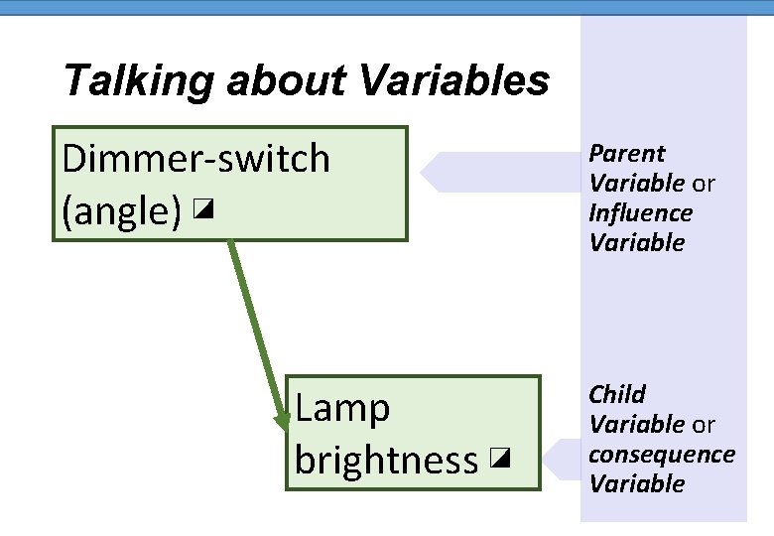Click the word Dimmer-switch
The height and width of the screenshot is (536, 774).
click(x=195, y=158)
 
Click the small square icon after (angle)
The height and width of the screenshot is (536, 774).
click(x=204, y=209)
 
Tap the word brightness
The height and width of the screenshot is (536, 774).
click(x=386, y=460)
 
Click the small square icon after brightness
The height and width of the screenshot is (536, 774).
click(x=500, y=459)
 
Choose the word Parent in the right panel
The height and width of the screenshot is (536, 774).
click(x=626, y=154)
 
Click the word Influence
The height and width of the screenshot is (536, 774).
click(x=640, y=213)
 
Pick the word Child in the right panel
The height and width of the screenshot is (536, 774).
click(x=617, y=395)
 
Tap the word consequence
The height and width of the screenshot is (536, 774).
click(x=662, y=455)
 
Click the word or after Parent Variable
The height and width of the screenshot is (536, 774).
click(x=704, y=184)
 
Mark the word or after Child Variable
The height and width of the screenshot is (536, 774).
click(x=704, y=425)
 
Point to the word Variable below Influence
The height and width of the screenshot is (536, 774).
click(x=637, y=243)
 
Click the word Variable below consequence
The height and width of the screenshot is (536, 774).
click(x=637, y=484)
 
